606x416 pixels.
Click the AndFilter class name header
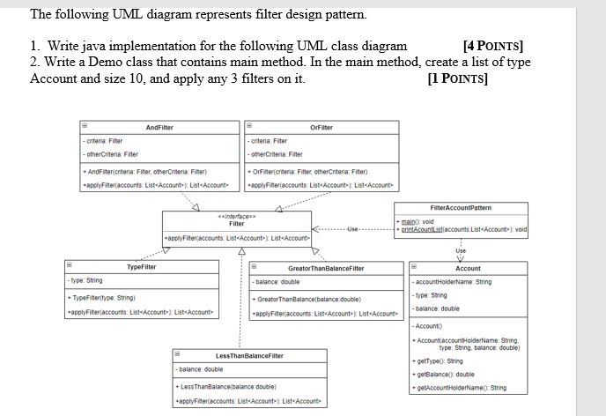[159, 127]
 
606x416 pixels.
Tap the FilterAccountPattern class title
[462, 208]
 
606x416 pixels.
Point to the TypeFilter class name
[142, 267]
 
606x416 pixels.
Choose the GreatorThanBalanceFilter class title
[325, 268]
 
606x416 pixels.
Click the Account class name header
[468, 268]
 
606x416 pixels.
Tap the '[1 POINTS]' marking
[456, 78]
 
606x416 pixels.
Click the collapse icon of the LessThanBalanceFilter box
[176, 355]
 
